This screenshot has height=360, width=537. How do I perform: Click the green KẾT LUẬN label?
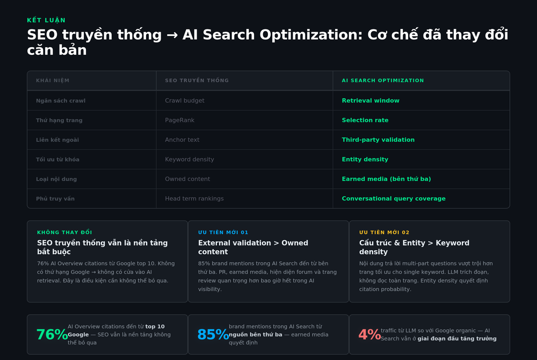click(46, 20)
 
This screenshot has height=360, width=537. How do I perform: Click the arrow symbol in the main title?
click(172, 35)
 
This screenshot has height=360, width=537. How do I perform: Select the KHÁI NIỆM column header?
click(53, 81)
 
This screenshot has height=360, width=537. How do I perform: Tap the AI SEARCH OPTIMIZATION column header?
click(382, 81)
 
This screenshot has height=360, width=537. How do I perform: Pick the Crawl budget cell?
click(185, 100)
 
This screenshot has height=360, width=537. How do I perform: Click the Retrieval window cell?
click(371, 100)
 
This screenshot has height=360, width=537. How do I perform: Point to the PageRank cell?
click(179, 120)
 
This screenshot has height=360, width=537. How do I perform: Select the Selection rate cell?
click(365, 120)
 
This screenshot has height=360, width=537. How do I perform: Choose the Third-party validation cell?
click(378, 140)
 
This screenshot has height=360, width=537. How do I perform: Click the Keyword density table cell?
click(190, 159)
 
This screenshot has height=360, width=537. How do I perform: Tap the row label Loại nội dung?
click(56, 179)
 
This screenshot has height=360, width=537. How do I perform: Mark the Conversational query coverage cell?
click(394, 199)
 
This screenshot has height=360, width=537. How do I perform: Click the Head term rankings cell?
click(194, 199)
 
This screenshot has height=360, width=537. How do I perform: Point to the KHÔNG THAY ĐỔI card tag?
click(64, 232)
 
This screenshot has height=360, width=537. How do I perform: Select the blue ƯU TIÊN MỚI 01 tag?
click(223, 232)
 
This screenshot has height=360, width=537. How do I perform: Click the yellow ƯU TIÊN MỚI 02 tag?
click(384, 232)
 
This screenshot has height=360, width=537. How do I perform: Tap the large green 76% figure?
click(52, 335)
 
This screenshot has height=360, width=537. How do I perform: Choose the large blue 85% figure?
click(213, 335)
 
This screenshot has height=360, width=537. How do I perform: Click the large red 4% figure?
click(369, 335)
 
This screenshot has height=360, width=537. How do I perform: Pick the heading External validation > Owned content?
click(253, 247)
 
